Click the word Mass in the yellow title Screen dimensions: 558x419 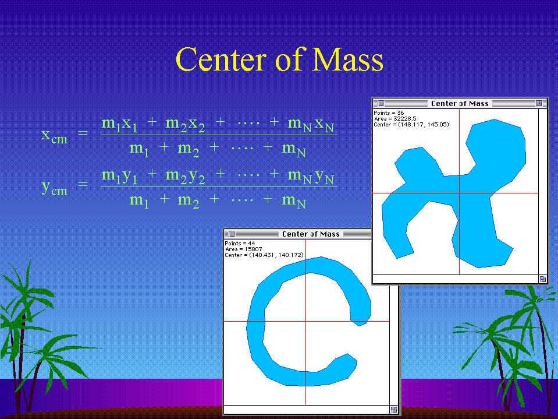[x=347, y=59]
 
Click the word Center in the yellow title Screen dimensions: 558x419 [x=221, y=59]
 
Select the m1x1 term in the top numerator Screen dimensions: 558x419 [x=119, y=124]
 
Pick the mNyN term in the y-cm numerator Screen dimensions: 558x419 [x=311, y=177]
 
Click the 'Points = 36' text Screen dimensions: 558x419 [x=389, y=112]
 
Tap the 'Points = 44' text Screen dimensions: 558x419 [x=240, y=244]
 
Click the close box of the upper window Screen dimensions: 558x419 [x=381, y=103]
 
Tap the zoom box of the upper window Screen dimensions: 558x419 [x=539, y=103]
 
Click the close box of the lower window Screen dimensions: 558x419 [x=232, y=234]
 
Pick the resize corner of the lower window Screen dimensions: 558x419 [x=393, y=410]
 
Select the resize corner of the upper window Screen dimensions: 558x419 [x=543, y=279]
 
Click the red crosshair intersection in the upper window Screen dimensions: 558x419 [x=460, y=193]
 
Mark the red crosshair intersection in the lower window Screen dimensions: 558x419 [x=305, y=321]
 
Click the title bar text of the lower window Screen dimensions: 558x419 [x=311, y=234]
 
